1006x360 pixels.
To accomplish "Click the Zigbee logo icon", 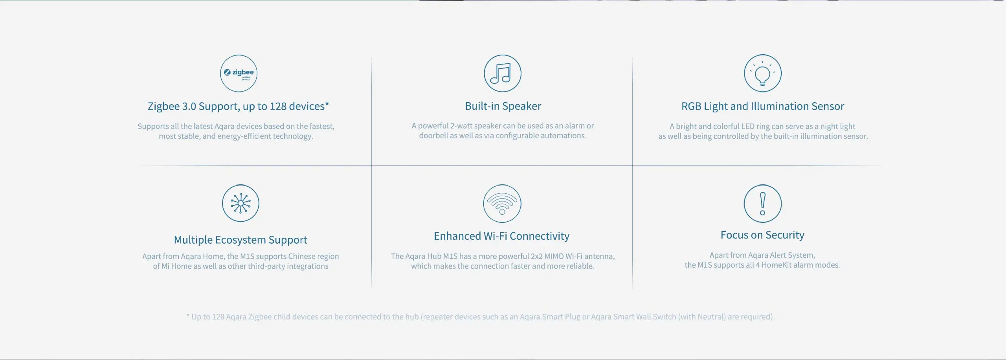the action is click(239, 73).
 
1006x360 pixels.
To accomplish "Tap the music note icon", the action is click(503, 73).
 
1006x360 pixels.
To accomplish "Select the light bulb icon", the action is click(763, 73).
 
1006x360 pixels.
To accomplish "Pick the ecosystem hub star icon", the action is click(240, 203).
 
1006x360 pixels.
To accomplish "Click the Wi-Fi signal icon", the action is click(502, 203).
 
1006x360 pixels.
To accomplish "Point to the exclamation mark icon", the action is click(763, 204).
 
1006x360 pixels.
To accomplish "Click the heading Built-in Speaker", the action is click(503, 106).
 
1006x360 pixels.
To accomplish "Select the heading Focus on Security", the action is click(762, 235).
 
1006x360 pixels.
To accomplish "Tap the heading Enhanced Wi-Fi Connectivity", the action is click(501, 236).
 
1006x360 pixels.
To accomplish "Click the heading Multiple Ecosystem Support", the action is click(240, 240).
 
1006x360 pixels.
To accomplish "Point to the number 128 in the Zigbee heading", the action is click(278, 107).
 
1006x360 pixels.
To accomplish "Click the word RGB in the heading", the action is click(691, 107).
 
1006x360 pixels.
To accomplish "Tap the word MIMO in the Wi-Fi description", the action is click(554, 256).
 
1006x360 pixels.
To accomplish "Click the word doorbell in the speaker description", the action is click(433, 136).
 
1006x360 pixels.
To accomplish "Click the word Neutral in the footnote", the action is click(711, 317).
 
